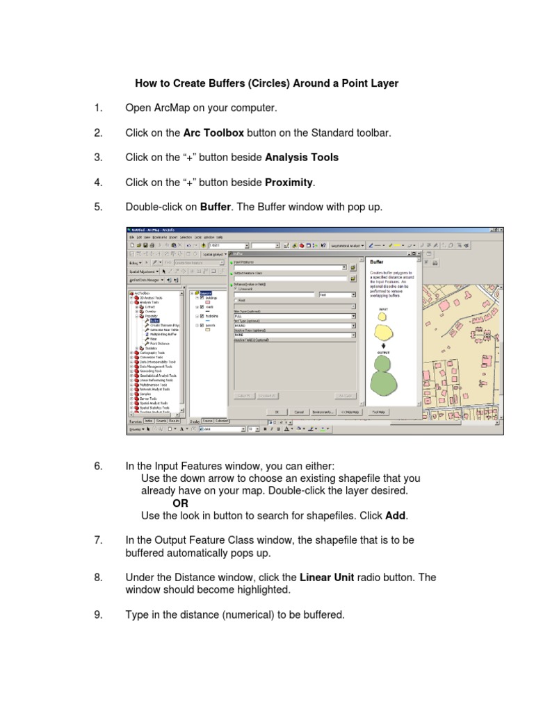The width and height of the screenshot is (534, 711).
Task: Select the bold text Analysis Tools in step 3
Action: [x=302, y=158]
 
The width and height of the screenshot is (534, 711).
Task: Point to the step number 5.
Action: [x=98, y=207]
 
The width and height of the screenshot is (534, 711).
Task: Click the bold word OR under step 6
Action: [x=180, y=503]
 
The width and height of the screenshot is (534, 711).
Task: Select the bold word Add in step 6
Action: [x=395, y=516]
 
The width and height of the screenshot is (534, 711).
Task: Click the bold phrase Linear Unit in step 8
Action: [x=329, y=578]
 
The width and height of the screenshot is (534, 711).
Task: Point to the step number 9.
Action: [x=98, y=615]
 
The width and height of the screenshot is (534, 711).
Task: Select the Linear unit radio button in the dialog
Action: [x=234, y=290]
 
